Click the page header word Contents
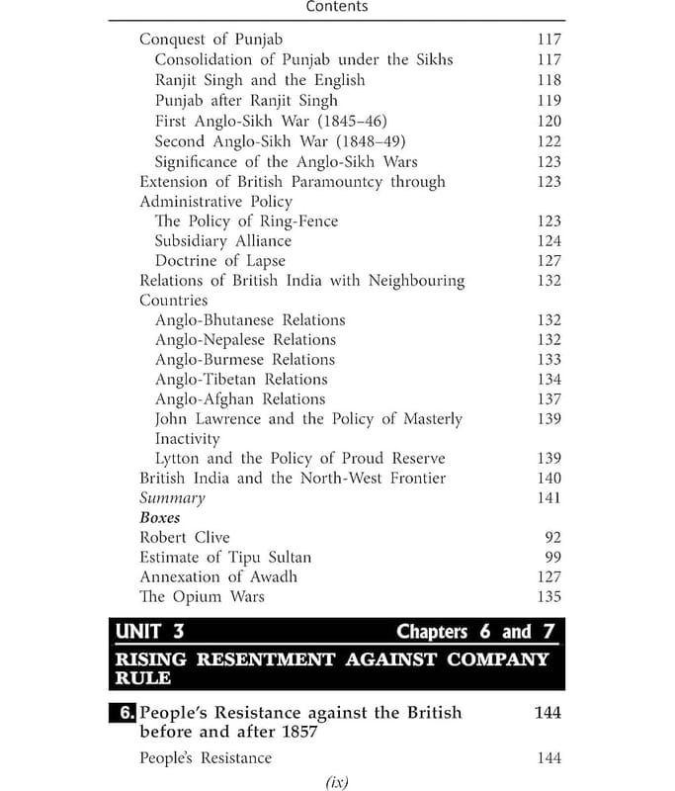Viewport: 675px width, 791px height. [x=337, y=7]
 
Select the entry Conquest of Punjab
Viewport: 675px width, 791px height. [x=211, y=40]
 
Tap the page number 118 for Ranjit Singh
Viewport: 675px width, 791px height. [x=547, y=80]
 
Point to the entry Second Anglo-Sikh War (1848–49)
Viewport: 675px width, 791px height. [x=280, y=141]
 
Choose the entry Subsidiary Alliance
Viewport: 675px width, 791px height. [x=222, y=241]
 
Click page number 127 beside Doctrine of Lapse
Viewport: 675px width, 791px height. [x=547, y=261]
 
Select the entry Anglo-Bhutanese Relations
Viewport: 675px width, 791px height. [x=250, y=320]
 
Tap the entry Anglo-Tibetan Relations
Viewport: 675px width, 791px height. [x=240, y=380]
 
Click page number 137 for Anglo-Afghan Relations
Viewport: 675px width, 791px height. [x=547, y=399]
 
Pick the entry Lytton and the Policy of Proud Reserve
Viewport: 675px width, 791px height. [x=299, y=459]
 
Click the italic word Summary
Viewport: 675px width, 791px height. [x=172, y=498]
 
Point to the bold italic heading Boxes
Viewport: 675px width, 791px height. [x=160, y=518]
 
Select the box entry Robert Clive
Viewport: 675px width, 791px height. [x=184, y=538]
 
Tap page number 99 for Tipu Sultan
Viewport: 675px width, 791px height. [x=552, y=558]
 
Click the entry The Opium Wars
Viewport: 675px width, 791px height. [x=202, y=597]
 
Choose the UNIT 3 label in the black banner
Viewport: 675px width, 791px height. [x=149, y=631]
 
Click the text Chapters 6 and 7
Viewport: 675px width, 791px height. [x=477, y=632]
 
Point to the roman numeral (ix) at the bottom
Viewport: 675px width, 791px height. [x=336, y=782]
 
